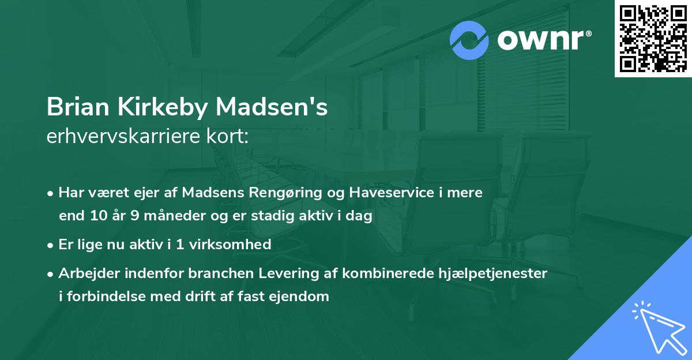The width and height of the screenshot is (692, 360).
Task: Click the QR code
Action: [653, 39]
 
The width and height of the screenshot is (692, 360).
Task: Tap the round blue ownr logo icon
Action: [469, 40]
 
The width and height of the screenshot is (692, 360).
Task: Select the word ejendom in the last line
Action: [304, 297]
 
